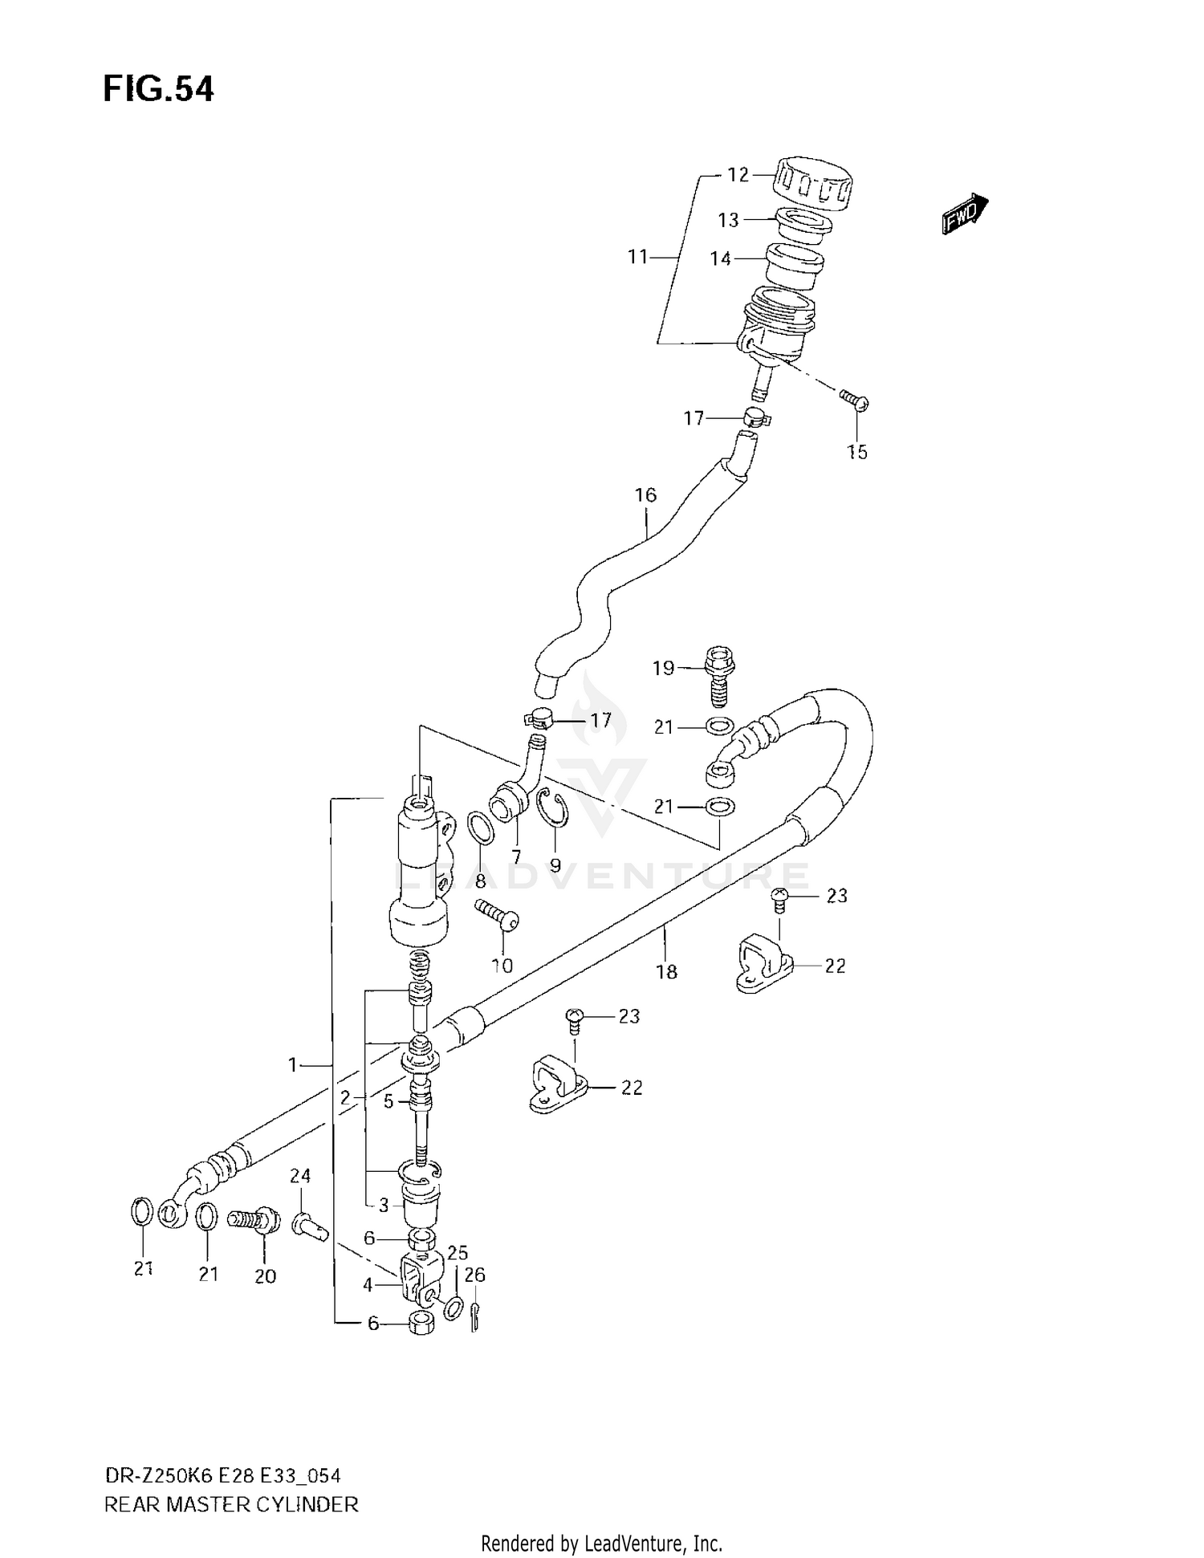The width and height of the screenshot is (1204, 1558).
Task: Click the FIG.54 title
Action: point(158,89)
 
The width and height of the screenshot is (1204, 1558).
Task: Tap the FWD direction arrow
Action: point(964,214)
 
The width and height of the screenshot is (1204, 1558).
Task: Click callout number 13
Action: point(727,220)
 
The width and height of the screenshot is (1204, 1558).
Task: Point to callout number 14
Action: point(720,258)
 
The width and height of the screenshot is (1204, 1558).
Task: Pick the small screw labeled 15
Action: point(854,399)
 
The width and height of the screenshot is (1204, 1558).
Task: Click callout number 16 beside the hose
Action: point(645,495)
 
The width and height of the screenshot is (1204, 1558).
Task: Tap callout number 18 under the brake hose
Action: point(666,972)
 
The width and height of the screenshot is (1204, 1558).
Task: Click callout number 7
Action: point(515,856)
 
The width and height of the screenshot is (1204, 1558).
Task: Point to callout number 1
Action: point(293,1065)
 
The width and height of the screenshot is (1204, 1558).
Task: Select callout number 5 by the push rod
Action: point(388,1101)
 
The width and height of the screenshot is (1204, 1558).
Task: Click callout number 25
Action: point(458,1253)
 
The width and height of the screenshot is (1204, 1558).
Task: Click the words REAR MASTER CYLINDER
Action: point(231,1504)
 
